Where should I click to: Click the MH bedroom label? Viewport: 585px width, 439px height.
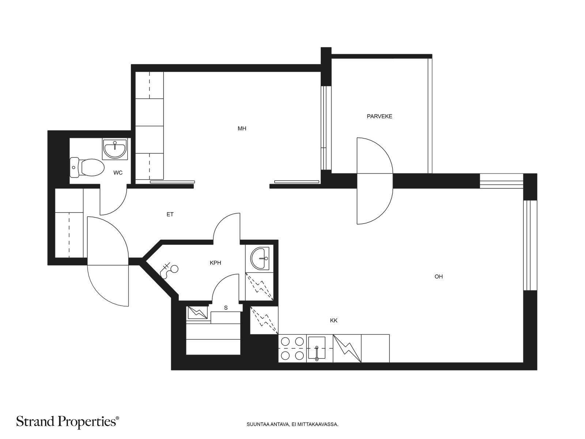(242, 129)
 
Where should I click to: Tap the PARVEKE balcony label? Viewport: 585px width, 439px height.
(379, 116)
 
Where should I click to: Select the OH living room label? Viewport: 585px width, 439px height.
(438, 277)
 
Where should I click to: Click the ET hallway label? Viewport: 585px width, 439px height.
(170, 214)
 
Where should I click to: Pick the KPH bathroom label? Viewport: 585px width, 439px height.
(215, 263)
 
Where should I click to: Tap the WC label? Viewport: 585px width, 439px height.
(118, 173)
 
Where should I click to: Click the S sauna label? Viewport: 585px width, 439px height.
(226, 308)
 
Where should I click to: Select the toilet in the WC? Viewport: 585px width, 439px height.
(87, 168)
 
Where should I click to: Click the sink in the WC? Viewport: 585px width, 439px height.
(115, 149)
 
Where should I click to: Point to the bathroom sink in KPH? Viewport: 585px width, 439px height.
(260, 258)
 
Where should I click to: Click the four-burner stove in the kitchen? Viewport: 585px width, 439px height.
(292, 348)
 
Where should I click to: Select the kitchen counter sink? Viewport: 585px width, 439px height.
(317, 348)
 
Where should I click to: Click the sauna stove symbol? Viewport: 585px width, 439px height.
(198, 313)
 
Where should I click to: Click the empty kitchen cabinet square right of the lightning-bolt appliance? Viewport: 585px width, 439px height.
(375, 348)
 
